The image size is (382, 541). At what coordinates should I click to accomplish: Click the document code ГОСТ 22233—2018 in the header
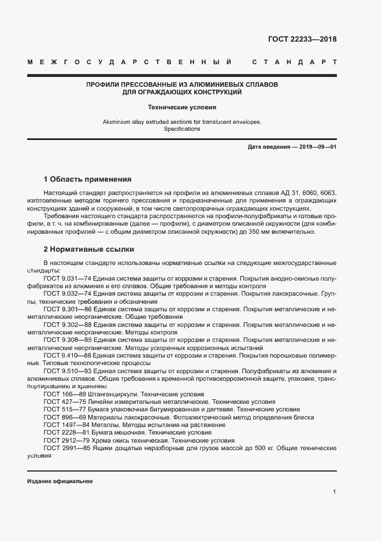[x=302, y=39]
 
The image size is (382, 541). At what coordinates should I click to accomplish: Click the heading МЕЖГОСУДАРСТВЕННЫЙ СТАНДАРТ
[x=181, y=62]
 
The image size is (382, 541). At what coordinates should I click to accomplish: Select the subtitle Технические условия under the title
[x=181, y=107]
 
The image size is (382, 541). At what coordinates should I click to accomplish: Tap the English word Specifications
[x=181, y=129]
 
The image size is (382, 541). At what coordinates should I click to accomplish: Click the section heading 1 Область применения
[x=88, y=179]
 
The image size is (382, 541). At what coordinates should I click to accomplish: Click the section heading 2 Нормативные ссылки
[x=89, y=249]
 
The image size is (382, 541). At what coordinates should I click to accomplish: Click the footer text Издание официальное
[x=60, y=481]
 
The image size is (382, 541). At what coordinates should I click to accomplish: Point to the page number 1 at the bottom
[x=335, y=492]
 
